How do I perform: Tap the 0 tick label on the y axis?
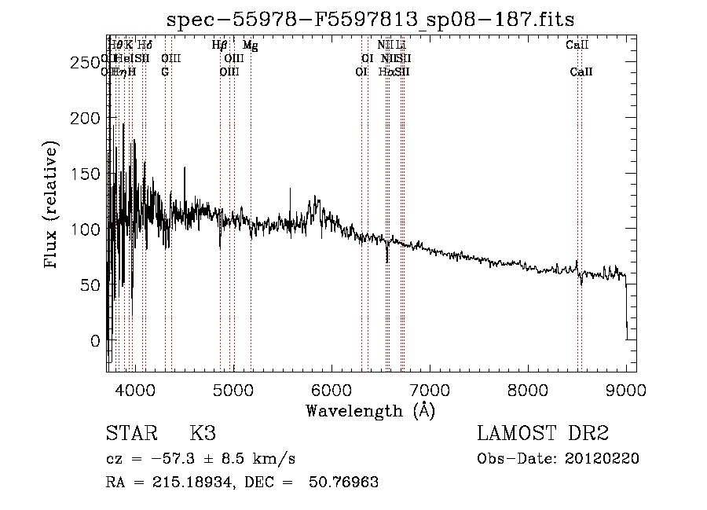point(95,341)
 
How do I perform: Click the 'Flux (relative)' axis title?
point(52,205)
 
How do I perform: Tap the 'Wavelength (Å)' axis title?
point(371,409)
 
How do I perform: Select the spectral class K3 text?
point(202,434)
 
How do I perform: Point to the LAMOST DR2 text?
point(543,434)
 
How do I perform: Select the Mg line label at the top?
point(250,46)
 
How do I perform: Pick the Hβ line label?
point(220,46)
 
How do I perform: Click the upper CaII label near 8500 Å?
point(577,46)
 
